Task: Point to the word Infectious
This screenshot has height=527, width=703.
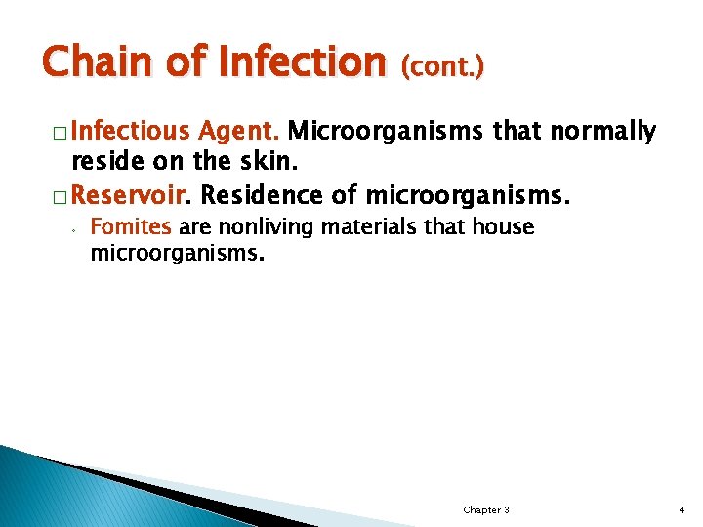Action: pyautogui.click(x=131, y=131)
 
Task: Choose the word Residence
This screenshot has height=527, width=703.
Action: pyautogui.click(x=262, y=195)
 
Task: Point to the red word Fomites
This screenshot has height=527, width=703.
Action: pyautogui.click(x=130, y=227)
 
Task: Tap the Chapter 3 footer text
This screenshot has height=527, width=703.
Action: pyautogui.click(x=485, y=510)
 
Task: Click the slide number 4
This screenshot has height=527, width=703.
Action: pyautogui.click(x=682, y=510)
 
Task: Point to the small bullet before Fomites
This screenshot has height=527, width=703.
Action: pyautogui.click(x=73, y=230)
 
